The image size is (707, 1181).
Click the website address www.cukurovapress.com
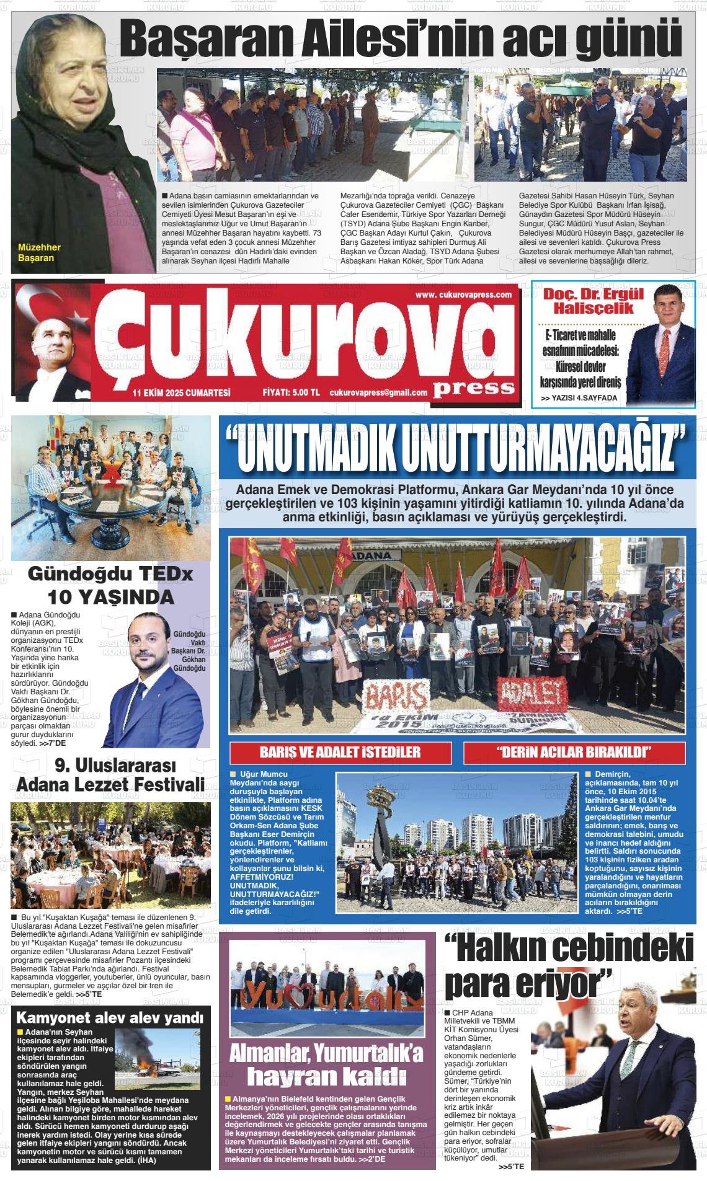463,295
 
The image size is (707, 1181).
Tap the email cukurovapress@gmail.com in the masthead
378,392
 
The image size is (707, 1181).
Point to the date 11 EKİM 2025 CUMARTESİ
181,392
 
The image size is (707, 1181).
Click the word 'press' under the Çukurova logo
474,387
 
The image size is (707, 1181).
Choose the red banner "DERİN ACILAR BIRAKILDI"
574,753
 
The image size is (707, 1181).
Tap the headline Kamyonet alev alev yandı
109,1018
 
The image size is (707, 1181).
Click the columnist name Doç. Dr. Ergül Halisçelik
585,301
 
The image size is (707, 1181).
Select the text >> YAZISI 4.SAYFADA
579,398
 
